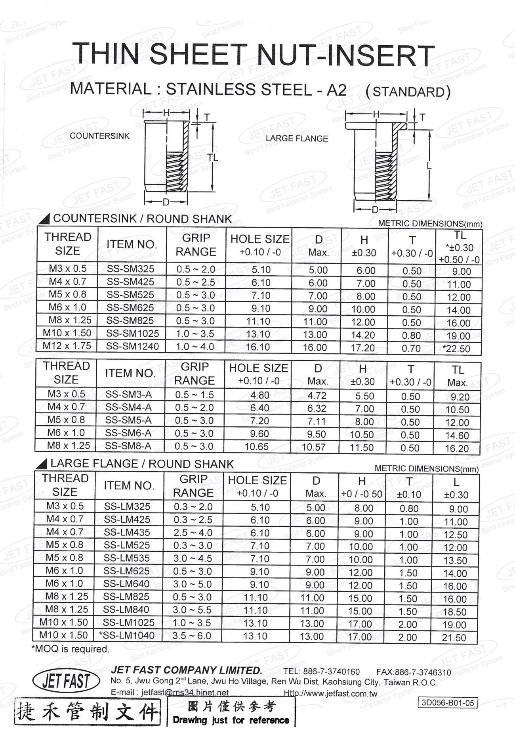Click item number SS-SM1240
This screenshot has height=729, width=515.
[132, 346]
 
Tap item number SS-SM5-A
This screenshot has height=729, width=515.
[128, 420]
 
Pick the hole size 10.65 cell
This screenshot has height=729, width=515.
[256, 447]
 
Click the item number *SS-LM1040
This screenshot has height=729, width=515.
[127, 635]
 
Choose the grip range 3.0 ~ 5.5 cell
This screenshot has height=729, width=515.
[192, 610]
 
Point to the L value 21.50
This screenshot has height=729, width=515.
[454, 638]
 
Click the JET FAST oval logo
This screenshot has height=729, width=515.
[66, 681]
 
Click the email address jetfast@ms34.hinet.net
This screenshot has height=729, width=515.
[185, 693]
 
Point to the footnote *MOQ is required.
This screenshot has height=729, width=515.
[70, 649]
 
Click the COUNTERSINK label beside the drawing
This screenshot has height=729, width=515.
[99, 136]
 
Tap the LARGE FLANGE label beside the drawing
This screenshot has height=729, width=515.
[297, 138]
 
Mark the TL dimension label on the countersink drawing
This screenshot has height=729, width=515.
[212, 157]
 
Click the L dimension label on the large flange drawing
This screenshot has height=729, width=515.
[429, 166]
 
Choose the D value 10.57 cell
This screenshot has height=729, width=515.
[314, 447]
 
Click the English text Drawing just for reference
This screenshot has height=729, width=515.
[231, 720]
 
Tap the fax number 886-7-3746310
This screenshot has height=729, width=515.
[423, 672]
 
